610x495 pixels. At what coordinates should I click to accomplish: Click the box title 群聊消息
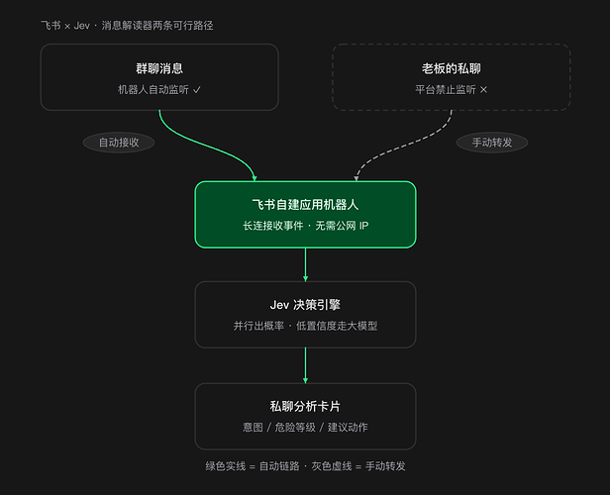click(x=159, y=68)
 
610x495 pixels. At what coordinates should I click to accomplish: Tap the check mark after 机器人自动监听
click(x=197, y=90)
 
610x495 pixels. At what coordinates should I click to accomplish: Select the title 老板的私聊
click(x=452, y=68)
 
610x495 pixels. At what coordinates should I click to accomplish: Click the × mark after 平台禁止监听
click(x=483, y=90)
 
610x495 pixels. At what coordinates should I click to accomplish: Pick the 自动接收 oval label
click(x=119, y=143)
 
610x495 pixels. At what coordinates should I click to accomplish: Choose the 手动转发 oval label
click(x=492, y=143)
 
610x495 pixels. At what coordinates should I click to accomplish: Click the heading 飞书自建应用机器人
click(x=305, y=205)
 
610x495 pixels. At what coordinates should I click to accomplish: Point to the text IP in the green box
click(x=363, y=226)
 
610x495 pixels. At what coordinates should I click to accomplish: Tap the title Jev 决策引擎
click(x=305, y=305)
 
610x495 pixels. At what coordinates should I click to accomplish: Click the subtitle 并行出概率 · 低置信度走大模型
click(x=305, y=326)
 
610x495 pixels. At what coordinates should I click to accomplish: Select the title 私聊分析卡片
click(x=305, y=406)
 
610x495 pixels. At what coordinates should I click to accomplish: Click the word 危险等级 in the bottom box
click(x=295, y=428)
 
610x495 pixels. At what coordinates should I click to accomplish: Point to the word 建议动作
click(x=348, y=428)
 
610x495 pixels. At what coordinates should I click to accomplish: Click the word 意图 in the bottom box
click(x=253, y=428)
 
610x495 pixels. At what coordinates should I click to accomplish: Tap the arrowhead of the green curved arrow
click(x=254, y=178)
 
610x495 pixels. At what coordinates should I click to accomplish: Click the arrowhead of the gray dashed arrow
click(x=356, y=178)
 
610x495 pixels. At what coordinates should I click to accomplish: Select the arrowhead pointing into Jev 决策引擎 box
click(x=305, y=279)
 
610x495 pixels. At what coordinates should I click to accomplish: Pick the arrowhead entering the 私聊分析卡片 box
click(x=305, y=380)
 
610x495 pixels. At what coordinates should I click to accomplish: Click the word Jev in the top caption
click(x=81, y=26)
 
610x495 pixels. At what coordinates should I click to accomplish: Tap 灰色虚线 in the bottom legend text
click(x=332, y=466)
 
